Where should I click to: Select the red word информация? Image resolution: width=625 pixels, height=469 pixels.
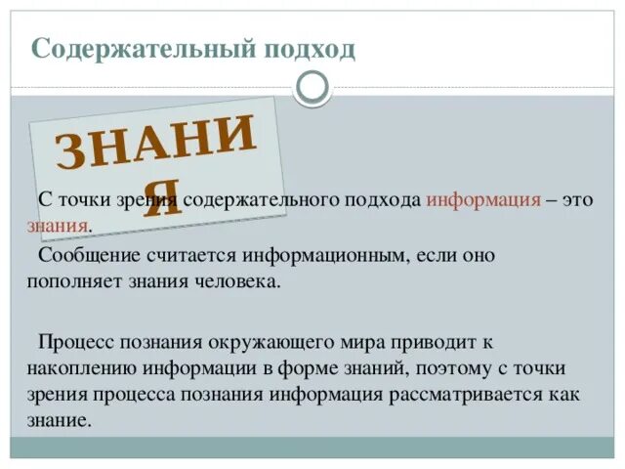click(x=483, y=198)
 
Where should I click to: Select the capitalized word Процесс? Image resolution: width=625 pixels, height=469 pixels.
click(x=72, y=341)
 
